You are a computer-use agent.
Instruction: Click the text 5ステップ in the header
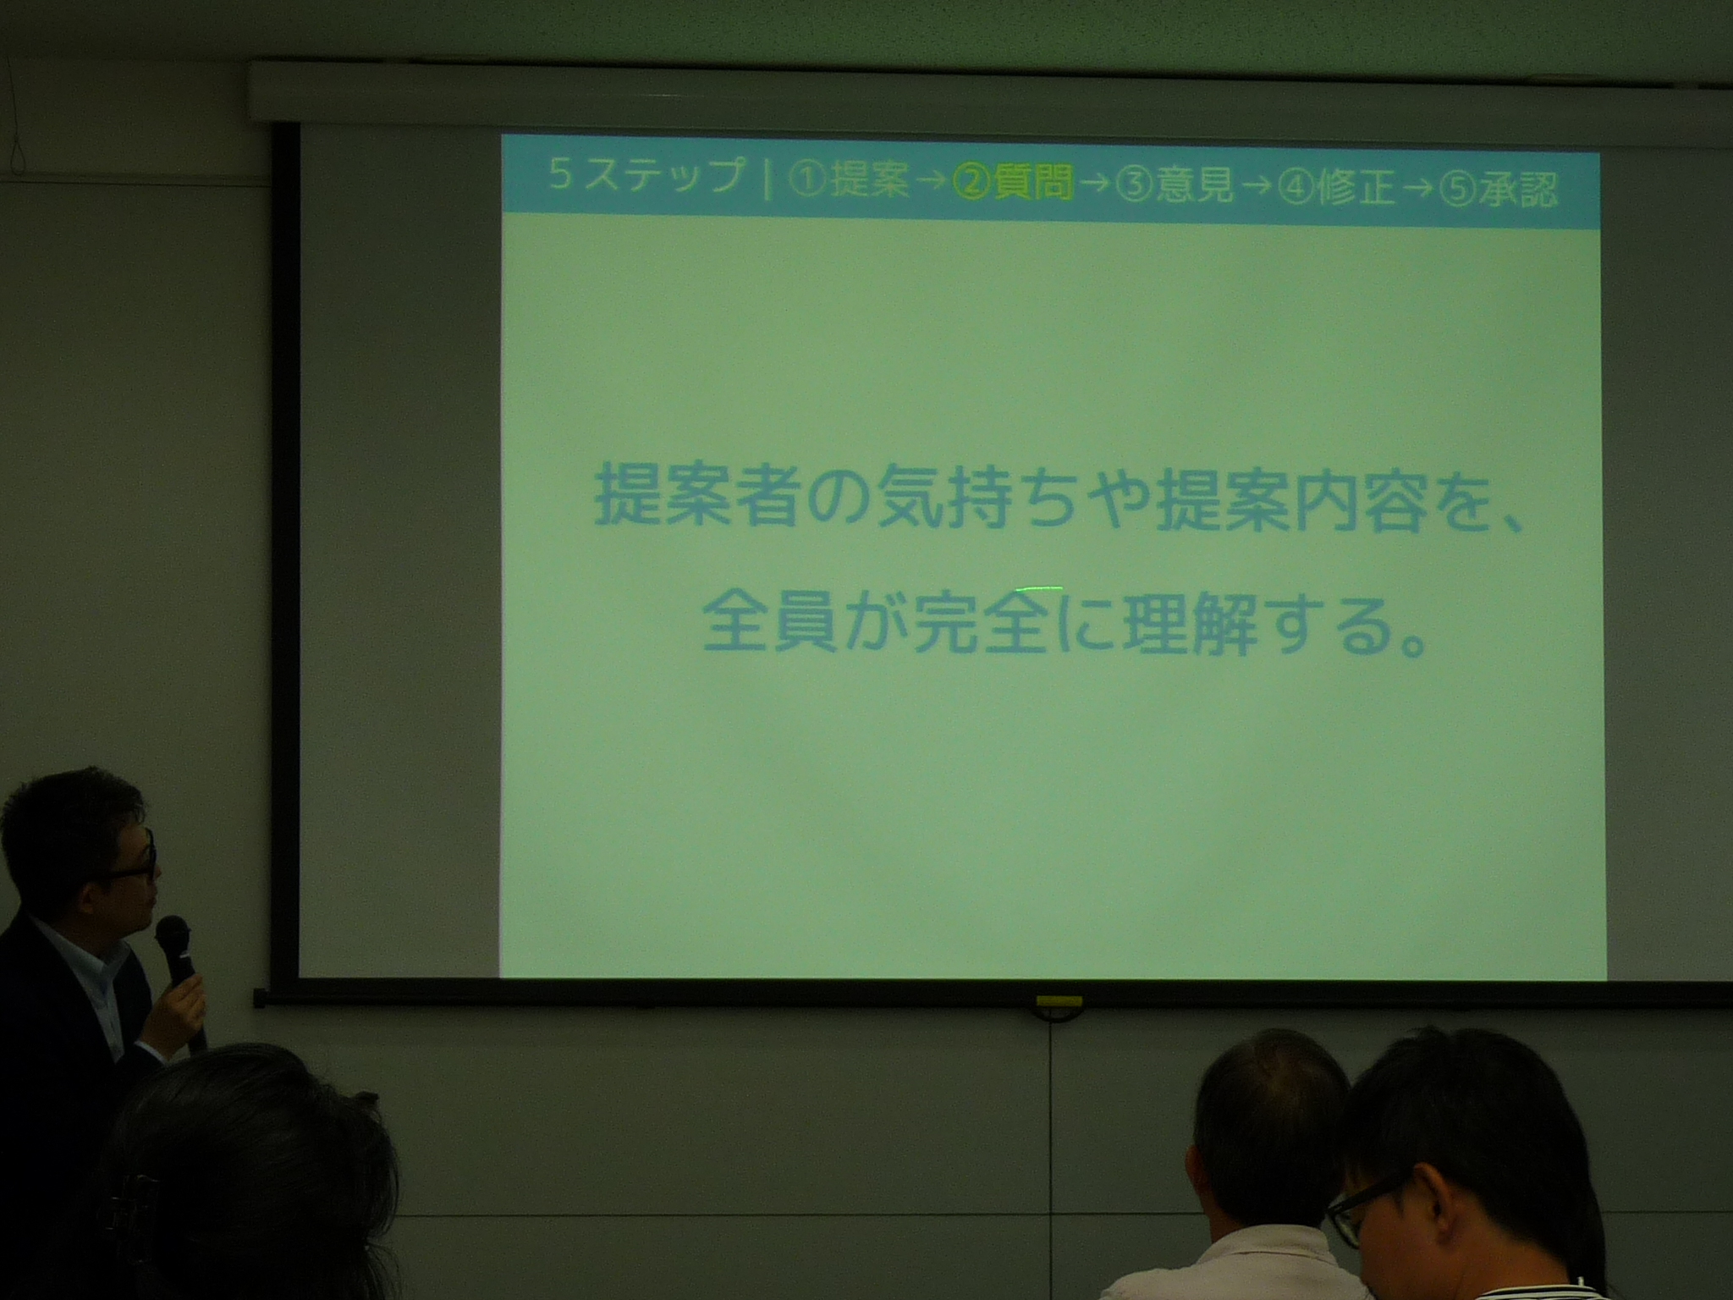coord(645,177)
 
